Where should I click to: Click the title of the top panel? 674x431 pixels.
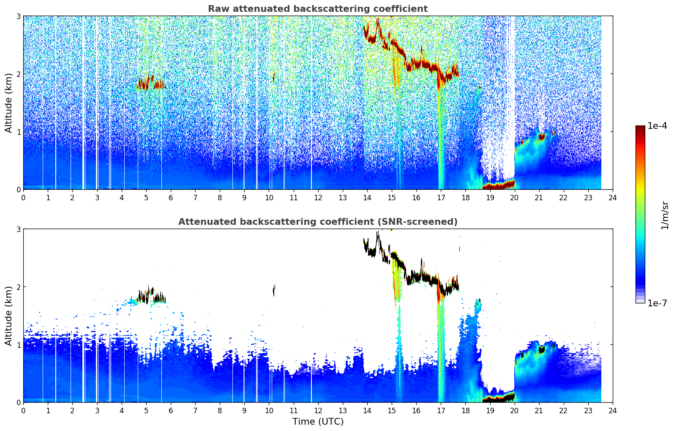(318, 9)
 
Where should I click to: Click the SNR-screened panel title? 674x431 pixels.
(318, 221)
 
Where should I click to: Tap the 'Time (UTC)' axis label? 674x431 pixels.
(318, 421)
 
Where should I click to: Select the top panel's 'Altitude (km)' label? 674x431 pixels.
(8, 103)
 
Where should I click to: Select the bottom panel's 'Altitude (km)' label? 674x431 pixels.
(8, 316)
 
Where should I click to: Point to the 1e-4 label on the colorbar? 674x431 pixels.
(657, 126)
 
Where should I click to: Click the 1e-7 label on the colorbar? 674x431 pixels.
(657, 303)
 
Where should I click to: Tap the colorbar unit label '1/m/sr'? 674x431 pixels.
(665, 215)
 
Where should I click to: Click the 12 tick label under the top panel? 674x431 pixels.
(318, 198)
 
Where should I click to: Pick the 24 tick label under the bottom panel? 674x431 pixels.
(613, 411)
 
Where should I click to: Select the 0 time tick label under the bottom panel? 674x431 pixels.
(24, 411)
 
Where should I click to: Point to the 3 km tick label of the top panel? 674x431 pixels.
(18, 16)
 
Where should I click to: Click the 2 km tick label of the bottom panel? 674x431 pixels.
(18, 287)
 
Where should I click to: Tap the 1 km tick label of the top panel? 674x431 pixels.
(18, 132)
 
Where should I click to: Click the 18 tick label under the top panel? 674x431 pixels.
(466, 198)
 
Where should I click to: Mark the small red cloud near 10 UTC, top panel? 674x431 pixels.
(274, 77)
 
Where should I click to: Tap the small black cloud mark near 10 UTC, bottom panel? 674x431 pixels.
(274, 290)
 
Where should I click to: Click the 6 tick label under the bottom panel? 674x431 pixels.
(171, 411)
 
